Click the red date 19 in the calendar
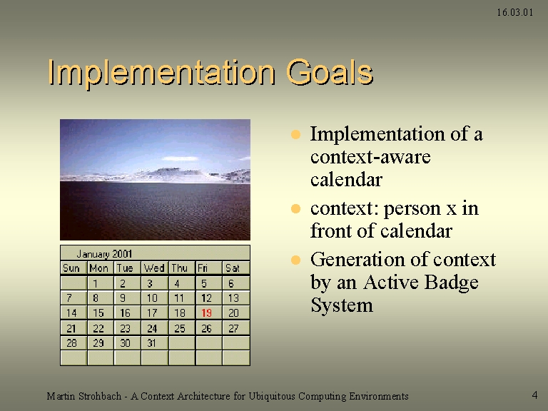[x=206, y=313]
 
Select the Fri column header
[x=203, y=268]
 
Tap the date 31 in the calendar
[x=151, y=343]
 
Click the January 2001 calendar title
[x=104, y=254]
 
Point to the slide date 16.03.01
[x=514, y=13]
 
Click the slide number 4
[x=534, y=395]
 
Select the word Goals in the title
[x=330, y=72]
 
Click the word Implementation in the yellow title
[x=161, y=73]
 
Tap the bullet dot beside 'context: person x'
[x=295, y=209]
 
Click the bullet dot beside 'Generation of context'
[x=295, y=260]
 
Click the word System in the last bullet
[x=342, y=305]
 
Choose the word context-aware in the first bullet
[x=370, y=156]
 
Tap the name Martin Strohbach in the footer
[x=84, y=396]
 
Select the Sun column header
[x=71, y=268]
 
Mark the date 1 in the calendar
[x=96, y=283]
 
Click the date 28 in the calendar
[x=71, y=343]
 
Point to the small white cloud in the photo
[x=181, y=158]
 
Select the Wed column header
[x=154, y=268]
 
